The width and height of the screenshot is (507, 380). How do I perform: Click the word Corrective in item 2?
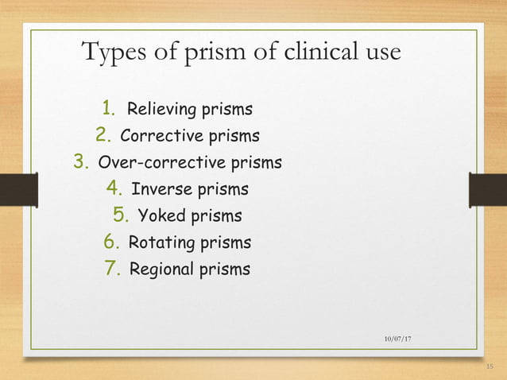(x=159, y=135)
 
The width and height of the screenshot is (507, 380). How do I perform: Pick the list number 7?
(x=112, y=269)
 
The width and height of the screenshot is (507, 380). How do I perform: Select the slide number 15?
(x=488, y=365)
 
